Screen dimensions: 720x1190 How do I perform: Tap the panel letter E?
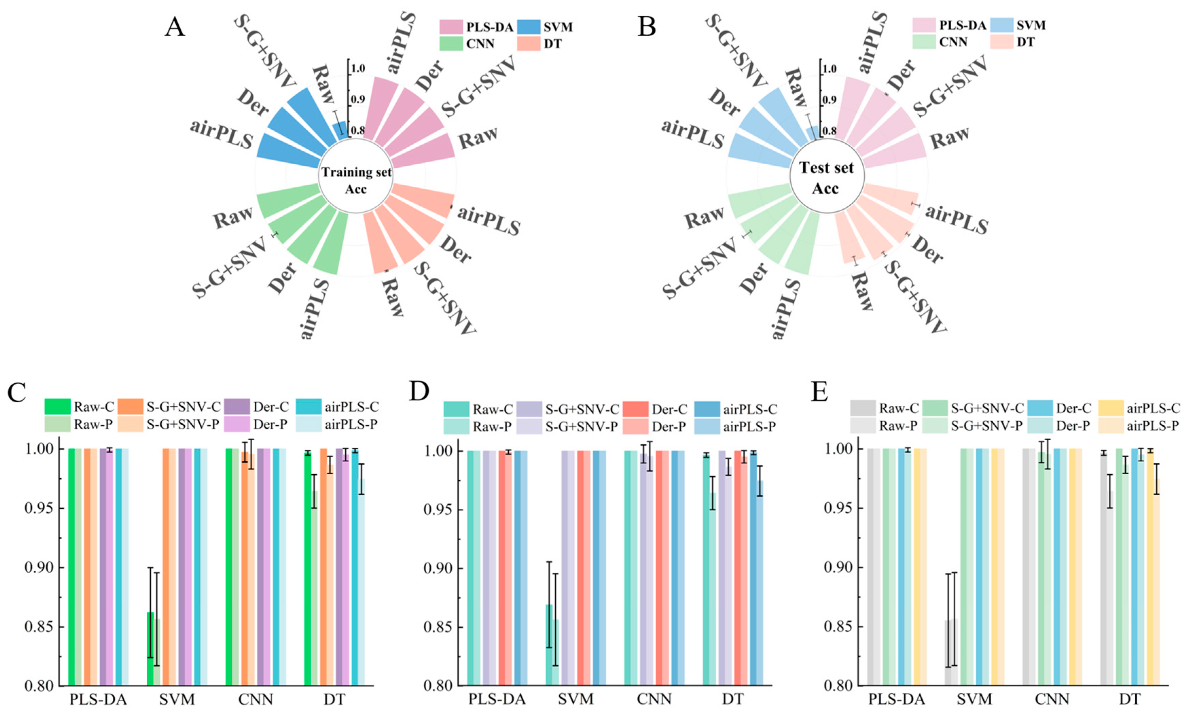[x=819, y=392]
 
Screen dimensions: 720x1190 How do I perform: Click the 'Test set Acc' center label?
[x=826, y=178]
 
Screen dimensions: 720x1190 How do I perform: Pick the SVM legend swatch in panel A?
[x=528, y=27]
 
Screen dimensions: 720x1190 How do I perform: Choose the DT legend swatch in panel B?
[x=1001, y=42]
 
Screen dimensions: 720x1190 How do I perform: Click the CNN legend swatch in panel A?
[x=451, y=44]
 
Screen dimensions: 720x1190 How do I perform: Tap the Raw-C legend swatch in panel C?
[x=57, y=407]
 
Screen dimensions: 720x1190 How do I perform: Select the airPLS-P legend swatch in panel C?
[x=308, y=424]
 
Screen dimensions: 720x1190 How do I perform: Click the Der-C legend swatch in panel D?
[x=635, y=409]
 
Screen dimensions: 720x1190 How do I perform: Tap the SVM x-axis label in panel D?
[x=576, y=699]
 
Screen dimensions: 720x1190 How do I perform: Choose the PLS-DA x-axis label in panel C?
[x=98, y=699]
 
